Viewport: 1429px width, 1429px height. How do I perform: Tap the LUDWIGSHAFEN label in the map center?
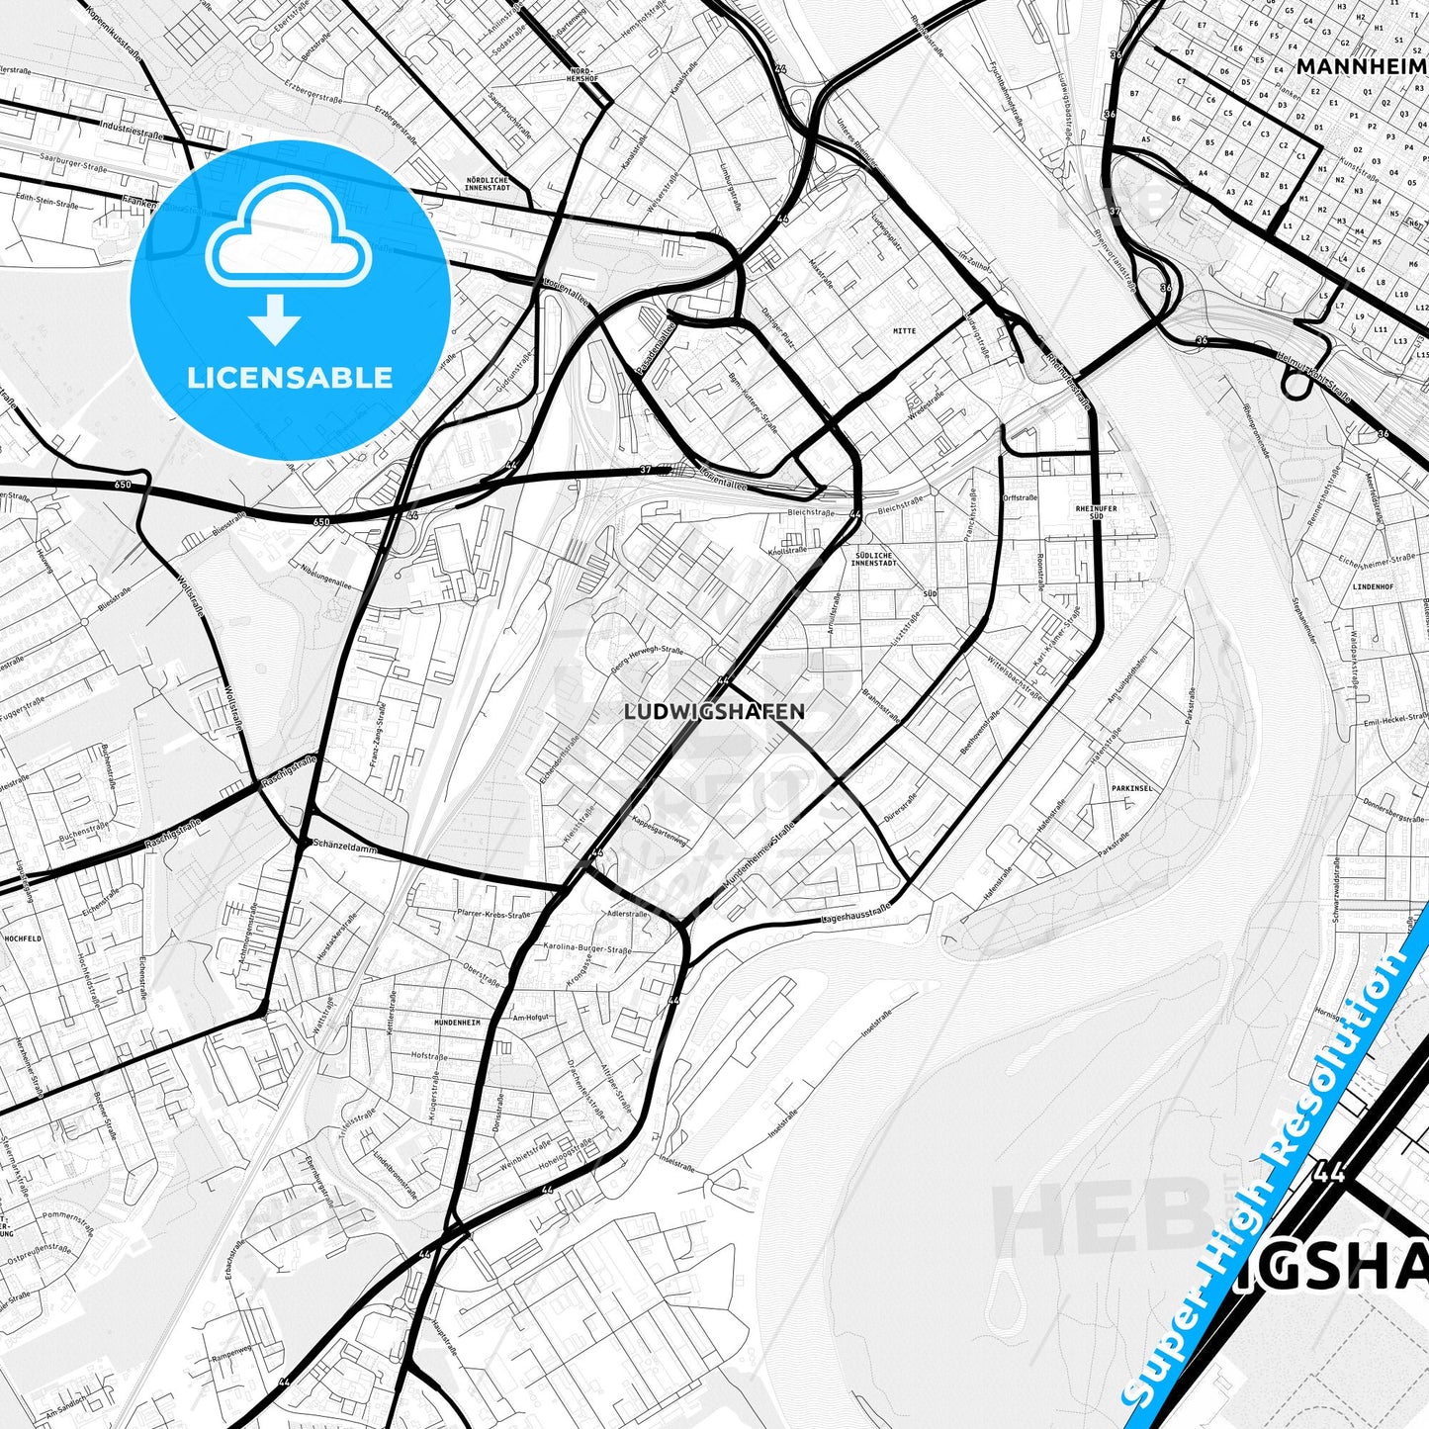click(x=715, y=711)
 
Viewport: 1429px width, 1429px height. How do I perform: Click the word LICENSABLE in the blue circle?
click(x=290, y=377)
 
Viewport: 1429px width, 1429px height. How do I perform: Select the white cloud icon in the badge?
click(x=288, y=240)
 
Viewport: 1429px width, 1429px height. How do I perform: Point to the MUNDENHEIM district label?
click(x=456, y=1023)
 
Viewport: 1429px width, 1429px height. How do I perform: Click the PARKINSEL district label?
click(x=1132, y=788)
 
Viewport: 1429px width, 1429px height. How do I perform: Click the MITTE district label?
click(x=904, y=331)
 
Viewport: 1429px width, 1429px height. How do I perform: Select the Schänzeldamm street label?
click(x=340, y=844)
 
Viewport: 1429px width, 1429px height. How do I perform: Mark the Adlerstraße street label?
click(x=627, y=914)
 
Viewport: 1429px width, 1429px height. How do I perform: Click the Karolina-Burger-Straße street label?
click(x=586, y=948)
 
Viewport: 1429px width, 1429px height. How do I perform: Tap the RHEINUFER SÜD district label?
click(x=1095, y=512)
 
